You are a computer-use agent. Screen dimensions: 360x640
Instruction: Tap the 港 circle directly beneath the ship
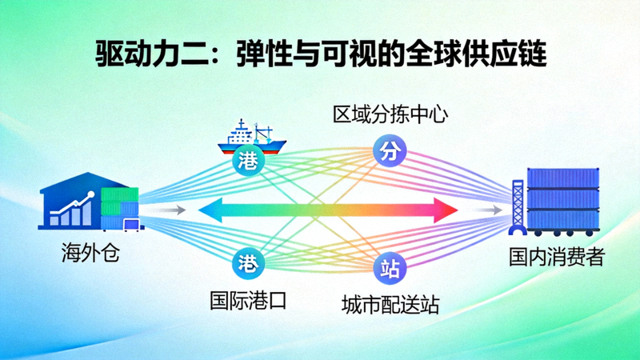click(x=247, y=160)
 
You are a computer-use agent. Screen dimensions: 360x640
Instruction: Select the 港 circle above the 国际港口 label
click(x=247, y=262)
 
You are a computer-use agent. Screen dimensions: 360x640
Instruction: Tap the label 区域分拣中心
click(x=390, y=115)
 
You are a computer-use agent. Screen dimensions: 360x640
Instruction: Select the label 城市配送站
click(x=390, y=304)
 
